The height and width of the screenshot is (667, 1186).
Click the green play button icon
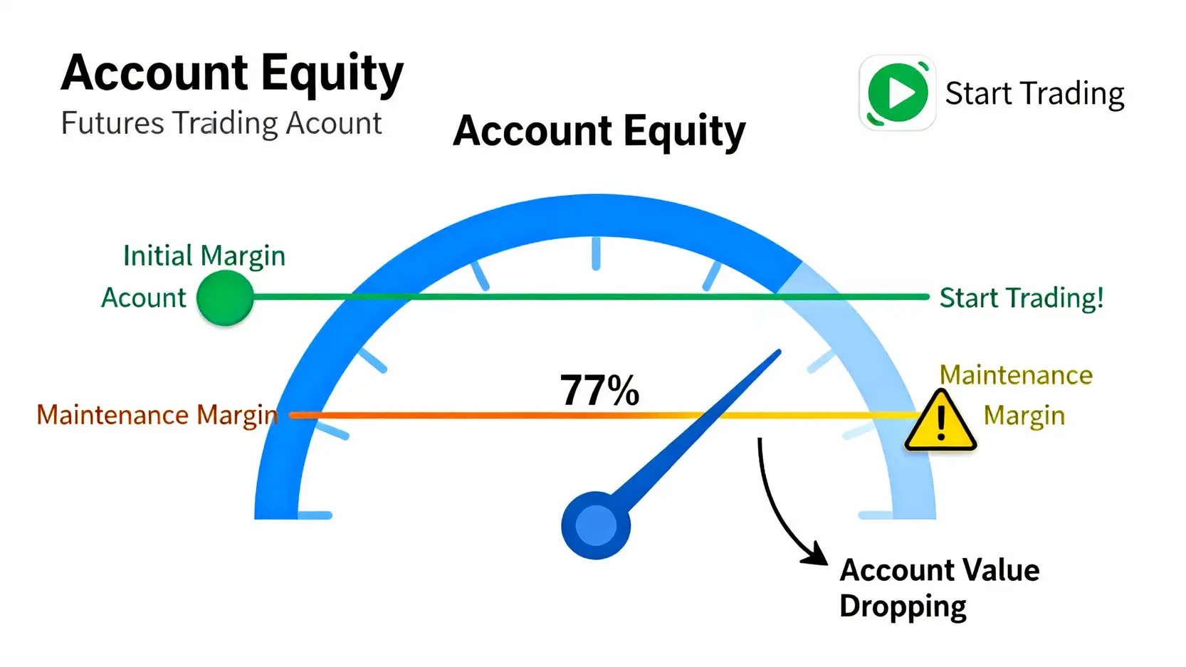click(x=897, y=93)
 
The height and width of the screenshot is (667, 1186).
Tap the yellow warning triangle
click(x=940, y=421)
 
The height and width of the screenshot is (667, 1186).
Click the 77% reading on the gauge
click(x=599, y=391)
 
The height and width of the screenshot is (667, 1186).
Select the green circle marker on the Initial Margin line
click(x=225, y=298)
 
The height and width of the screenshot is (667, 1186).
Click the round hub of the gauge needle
click(x=596, y=525)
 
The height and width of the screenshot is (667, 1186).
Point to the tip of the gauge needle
click(x=780, y=350)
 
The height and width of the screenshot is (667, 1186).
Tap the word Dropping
click(x=903, y=606)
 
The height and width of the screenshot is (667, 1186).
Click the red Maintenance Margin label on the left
click(x=157, y=415)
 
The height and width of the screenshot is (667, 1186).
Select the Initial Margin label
click(x=204, y=256)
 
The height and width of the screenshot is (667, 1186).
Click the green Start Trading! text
click(x=1022, y=298)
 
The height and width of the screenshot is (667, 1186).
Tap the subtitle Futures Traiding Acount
click(x=221, y=124)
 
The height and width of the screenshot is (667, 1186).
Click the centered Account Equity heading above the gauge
click(x=599, y=131)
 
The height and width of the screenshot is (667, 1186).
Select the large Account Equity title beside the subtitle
click(x=232, y=73)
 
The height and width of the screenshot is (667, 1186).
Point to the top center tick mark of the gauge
click(x=596, y=254)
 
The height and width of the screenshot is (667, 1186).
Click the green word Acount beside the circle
click(x=144, y=298)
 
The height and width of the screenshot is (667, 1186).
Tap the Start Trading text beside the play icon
click(x=1034, y=94)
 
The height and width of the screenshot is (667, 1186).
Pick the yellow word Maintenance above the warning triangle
click(x=1016, y=375)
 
